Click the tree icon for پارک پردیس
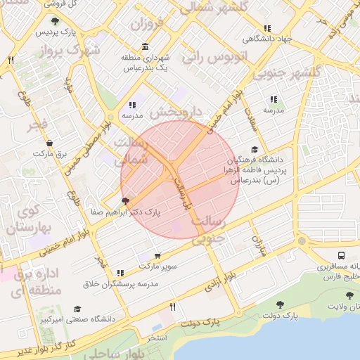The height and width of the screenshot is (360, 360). click(x=56, y=22)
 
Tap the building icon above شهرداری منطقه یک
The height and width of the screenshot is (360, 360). click(x=146, y=47)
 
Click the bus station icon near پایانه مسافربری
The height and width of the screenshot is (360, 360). click(x=341, y=256)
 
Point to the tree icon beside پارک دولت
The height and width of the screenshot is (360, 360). click(x=281, y=304)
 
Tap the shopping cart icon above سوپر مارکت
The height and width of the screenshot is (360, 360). click(x=157, y=256)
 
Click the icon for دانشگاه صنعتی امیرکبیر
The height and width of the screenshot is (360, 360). click(x=77, y=309)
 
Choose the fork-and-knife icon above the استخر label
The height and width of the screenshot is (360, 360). click(x=173, y=307)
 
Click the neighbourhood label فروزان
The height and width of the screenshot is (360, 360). click(x=146, y=24)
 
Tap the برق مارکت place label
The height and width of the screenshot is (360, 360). click(x=50, y=153)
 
